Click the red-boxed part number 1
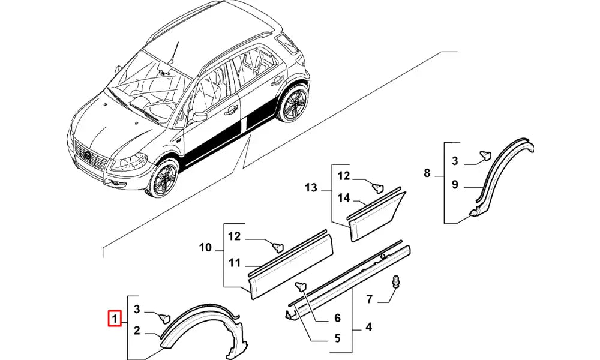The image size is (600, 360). pyautogui.click(x=114, y=318)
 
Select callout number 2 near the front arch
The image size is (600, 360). pyautogui.click(x=137, y=329)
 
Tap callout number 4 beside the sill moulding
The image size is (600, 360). pyautogui.click(x=369, y=327)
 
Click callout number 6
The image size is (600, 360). pyautogui.click(x=337, y=318)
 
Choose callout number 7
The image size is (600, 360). pyautogui.click(x=370, y=299)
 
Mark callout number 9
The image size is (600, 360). pyautogui.click(x=427, y=173)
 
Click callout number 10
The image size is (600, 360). pyautogui.click(x=455, y=185)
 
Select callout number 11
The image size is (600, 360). pyautogui.click(x=205, y=247)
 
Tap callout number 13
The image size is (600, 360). pyautogui.click(x=234, y=263)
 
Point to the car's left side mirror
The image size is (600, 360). pyautogui.click(x=199, y=115)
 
